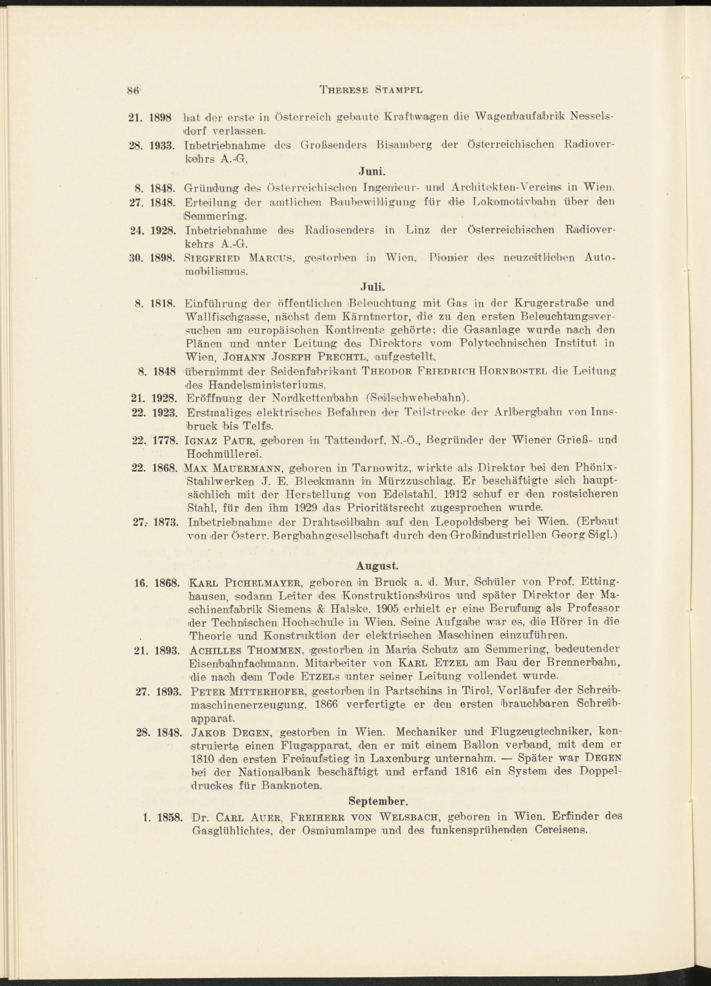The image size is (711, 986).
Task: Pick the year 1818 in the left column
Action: (x=163, y=303)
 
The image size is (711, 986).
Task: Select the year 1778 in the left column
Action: (x=164, y=441)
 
